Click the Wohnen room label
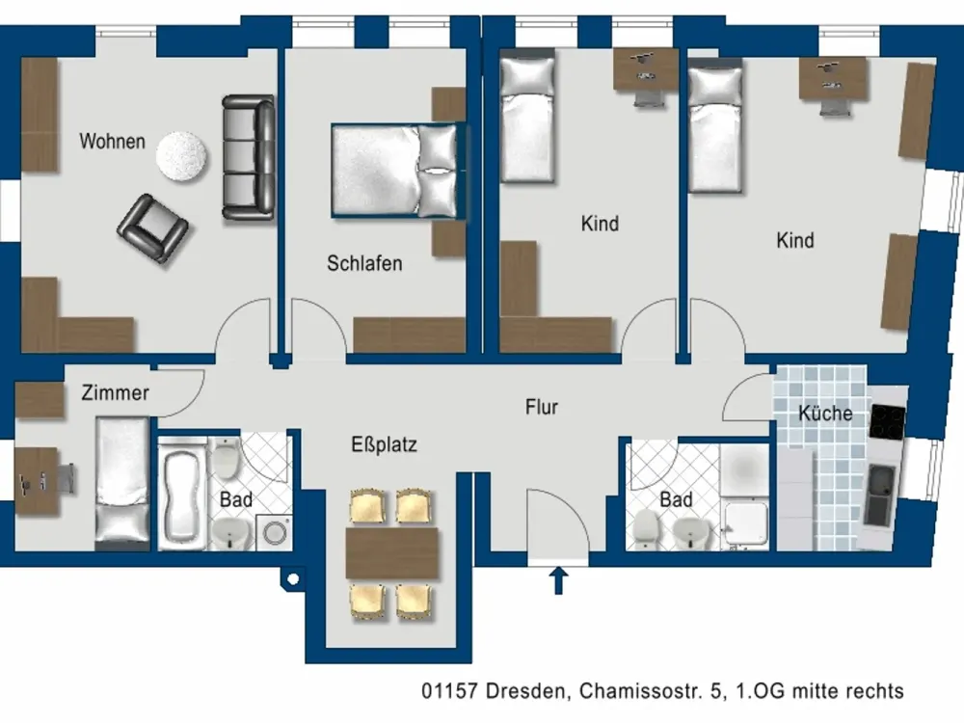point(113,142)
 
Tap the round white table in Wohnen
point(181,156)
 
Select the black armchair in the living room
point(153,228)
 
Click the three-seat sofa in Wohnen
point(249,157)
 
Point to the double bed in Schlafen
point(398,171)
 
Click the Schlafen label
point(364,263)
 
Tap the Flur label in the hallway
point(542,407)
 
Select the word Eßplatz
point(385,444)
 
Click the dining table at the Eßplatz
point(391,552)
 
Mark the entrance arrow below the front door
point(558,580)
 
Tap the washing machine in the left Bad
point(274,532)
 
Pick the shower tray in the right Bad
point(746,525)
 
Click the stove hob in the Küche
point(887,422)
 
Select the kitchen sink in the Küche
point(880,495)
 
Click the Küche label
point(825,414)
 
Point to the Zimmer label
point(115,393)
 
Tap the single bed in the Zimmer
point(122,483)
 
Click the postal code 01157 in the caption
point(449,691)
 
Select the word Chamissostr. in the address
point(641,691)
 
